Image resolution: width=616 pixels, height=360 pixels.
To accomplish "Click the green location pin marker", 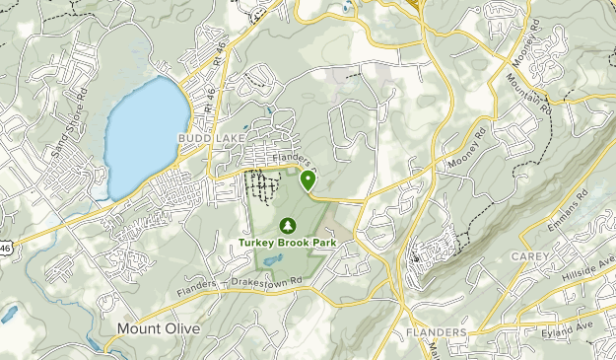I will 308,179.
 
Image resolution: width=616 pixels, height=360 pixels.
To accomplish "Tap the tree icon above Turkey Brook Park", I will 287,225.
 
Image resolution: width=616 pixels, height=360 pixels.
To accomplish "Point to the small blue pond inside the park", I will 273,259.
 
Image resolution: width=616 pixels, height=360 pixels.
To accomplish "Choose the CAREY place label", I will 529,256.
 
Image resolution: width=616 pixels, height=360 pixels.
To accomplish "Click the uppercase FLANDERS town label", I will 436,333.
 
